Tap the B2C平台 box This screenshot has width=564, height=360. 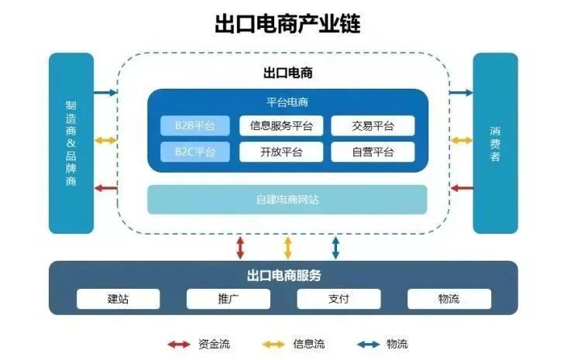click(x=195, y=152)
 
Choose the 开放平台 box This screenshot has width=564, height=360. click(x=281, y=152)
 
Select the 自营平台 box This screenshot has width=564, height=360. click(x=373, y=152)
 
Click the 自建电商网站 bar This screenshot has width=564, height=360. click(x=287, y=200)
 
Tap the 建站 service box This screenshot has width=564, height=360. click(x=118, y=299)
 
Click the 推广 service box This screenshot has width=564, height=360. click(x=229, y=299)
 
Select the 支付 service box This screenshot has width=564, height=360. click(x=339, y=299)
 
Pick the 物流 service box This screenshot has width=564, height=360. click(x=449, y=299)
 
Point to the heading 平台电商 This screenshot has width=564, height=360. click(x=287, y=102)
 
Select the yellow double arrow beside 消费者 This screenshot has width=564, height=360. click(x=462, y=140)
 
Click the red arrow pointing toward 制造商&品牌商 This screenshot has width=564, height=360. click(x=105, y=188)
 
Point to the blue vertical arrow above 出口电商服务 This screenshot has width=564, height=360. click(x=335, y=248)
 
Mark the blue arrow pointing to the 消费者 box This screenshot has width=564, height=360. click(x=462, y=93)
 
